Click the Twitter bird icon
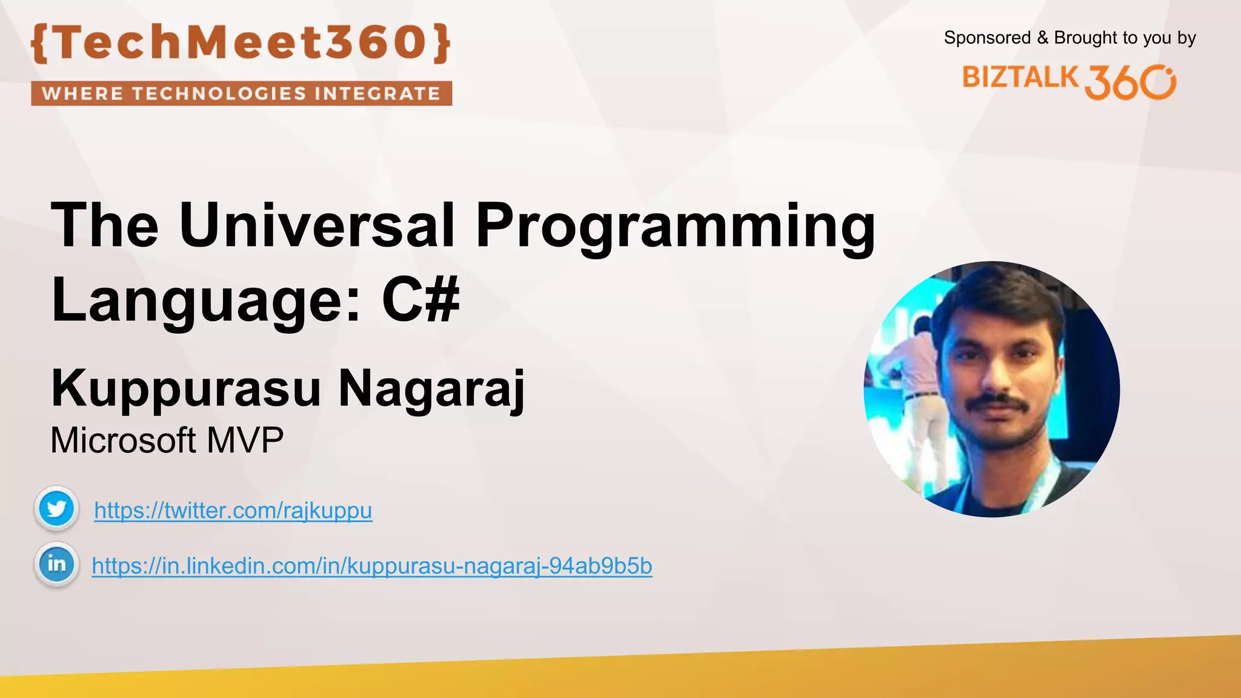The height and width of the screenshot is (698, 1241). (56, 508)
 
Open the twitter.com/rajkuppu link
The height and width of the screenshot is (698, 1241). (233, 511)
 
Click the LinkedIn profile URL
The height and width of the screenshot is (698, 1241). (371, 566)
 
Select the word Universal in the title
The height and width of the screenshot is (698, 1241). (316, 225)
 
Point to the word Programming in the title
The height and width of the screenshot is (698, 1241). (675, 227)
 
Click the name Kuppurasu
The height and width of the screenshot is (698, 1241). (185, 389)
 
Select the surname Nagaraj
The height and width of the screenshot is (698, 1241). (431, 389)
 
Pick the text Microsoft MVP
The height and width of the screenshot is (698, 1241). (167, 440)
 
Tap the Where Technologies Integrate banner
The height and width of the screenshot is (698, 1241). (241, 93)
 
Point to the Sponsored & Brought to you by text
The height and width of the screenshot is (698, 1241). (1070, 38)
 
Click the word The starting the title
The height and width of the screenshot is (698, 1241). (104, 225)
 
